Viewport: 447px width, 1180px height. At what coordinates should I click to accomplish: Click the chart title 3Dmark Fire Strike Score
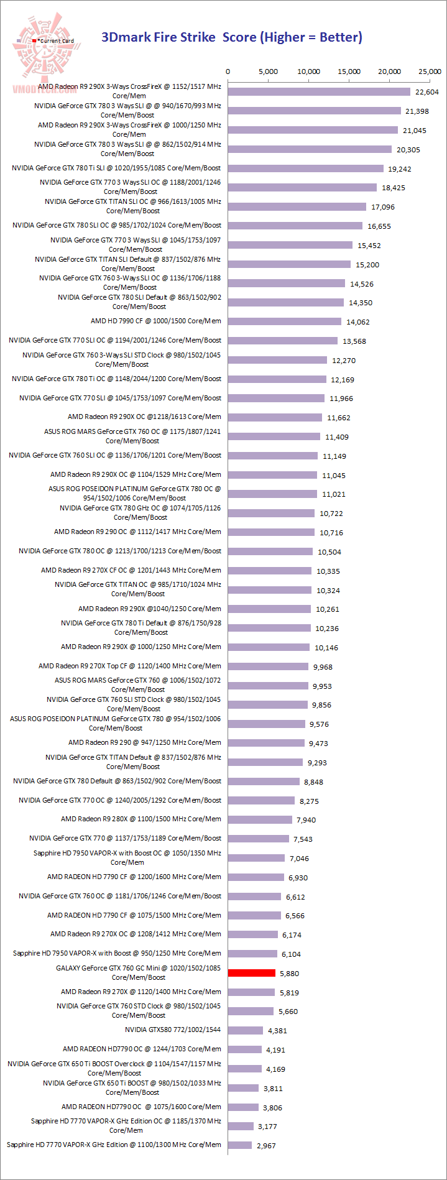231,37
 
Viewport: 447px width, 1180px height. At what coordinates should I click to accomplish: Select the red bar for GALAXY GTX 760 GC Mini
252,973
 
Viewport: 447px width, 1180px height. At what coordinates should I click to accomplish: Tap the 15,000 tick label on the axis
349,71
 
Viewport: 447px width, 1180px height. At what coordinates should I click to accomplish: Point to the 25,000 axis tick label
430,71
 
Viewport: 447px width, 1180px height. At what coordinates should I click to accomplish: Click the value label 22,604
427,92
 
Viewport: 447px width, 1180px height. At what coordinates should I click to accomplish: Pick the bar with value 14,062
285,321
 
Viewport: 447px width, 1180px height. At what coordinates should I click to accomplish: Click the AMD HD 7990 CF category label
155,321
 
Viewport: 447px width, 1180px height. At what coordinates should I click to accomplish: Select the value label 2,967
266,1146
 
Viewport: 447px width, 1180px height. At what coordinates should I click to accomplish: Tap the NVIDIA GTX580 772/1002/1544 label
173,1030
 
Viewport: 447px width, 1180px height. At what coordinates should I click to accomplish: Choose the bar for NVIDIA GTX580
246,1030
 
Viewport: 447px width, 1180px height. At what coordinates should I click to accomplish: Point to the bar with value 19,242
306,168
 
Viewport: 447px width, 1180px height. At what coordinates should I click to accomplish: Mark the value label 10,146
326,648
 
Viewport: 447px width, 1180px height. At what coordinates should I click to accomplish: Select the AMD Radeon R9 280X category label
141,819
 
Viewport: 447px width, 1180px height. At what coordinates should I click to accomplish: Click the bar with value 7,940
260,819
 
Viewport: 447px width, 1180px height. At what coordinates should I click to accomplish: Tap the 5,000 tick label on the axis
268,71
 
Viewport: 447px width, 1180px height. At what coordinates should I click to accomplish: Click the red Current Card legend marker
34,41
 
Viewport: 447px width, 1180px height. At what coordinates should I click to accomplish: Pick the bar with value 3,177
241,1126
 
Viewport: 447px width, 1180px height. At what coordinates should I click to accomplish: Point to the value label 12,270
344,361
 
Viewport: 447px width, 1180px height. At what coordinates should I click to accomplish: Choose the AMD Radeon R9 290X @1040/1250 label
149,609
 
